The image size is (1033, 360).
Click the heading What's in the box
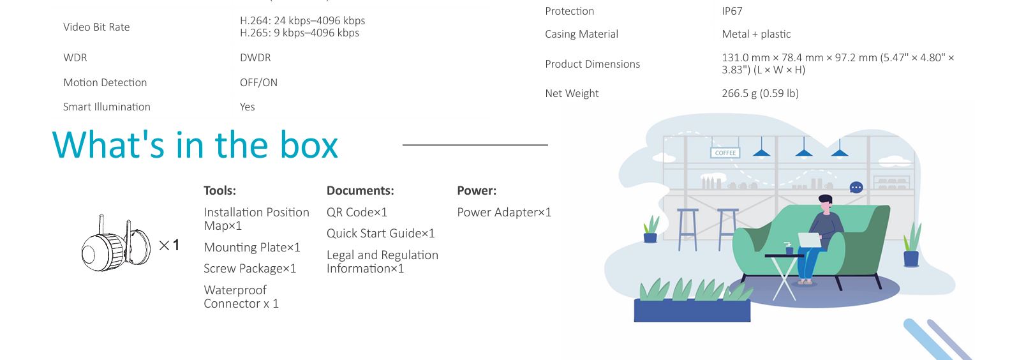coord(195,145)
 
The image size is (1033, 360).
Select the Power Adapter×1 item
coord(504,213)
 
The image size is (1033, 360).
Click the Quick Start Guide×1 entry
coord(380,234)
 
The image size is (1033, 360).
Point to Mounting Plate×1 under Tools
coord(252,248)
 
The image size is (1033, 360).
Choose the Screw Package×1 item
coord(249,269)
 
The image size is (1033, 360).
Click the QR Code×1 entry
coord(357,213)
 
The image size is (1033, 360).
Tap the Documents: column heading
coord(360,191)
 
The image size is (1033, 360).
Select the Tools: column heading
coord(219,191)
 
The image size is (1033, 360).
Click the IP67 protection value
coord(732,11)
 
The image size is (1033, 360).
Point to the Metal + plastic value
coord(756,34)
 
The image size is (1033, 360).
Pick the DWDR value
coord(255,58)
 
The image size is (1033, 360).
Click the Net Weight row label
coord(572,94)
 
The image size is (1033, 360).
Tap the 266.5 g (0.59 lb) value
coord(760,94)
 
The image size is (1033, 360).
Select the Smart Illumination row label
coord(107,107)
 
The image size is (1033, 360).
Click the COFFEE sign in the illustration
coord(725,153)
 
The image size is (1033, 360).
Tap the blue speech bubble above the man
coord(856,188)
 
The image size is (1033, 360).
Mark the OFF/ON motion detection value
coord(258,83)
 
